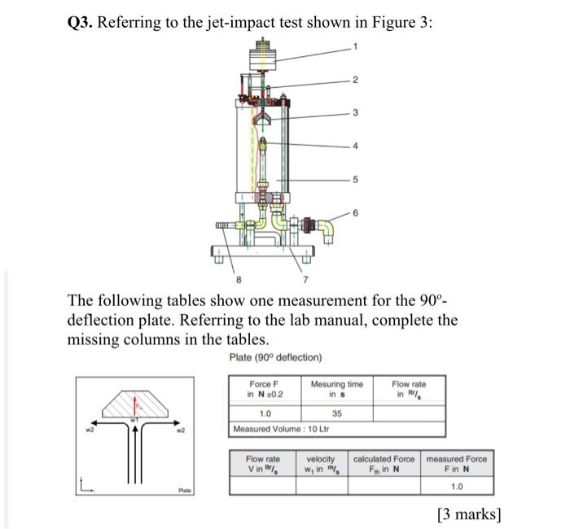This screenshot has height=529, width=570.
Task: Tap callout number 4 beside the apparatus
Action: (x=355, y=146)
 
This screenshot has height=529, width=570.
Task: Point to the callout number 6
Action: (x=355, y=213)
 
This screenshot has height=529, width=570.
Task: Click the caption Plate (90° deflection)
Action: (x=275, y=357)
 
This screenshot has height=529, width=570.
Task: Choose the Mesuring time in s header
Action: (x=336, y=389)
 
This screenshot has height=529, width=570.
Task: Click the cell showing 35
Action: (x=336, y=413)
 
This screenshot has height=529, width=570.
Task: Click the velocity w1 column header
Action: (x=322, y=464)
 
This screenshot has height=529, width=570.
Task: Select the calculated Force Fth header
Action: (x=384, y=464)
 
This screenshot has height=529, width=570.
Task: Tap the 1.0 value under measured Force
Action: (x=458, y=486)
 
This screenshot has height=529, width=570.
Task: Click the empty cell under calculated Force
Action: (x=384, y=486)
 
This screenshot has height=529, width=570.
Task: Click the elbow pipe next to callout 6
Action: (x=327, y=229)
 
